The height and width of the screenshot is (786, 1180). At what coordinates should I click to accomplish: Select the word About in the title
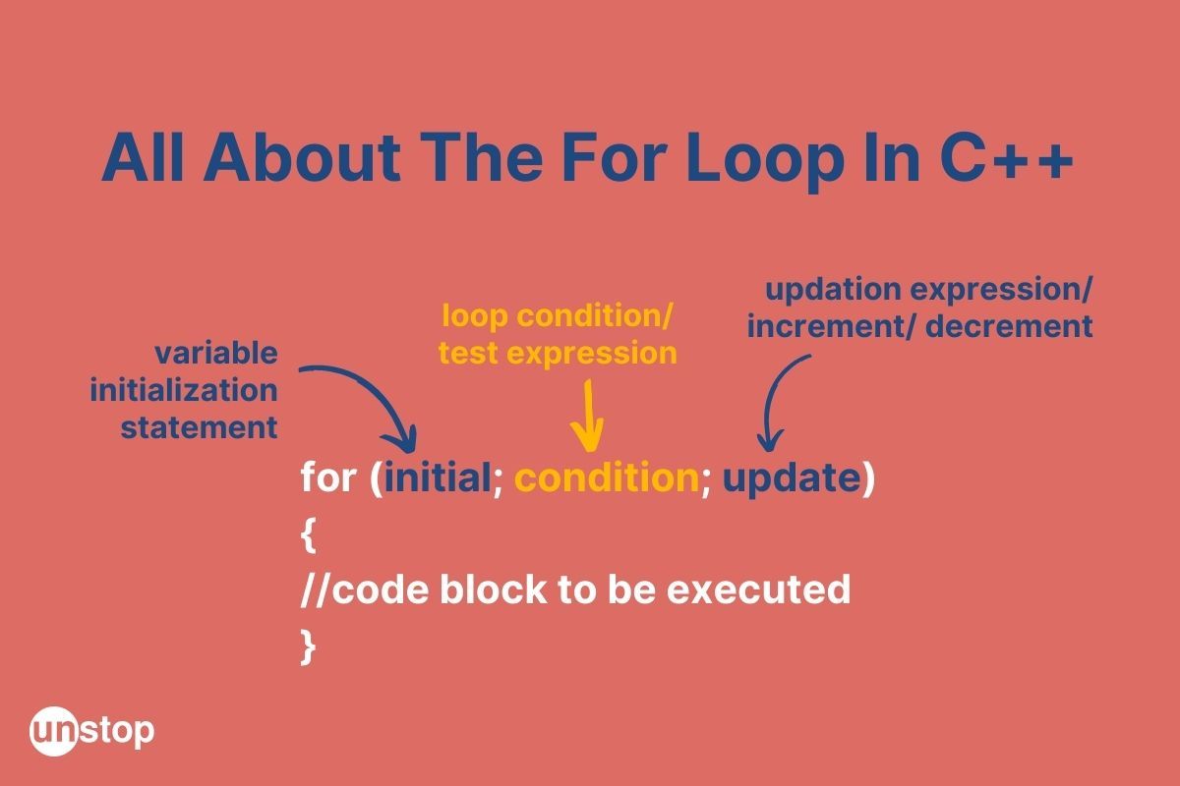click(303, 157)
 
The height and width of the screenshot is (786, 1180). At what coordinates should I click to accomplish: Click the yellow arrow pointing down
click(587, 416)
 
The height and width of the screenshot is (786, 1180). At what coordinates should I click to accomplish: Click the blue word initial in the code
click(438, 477)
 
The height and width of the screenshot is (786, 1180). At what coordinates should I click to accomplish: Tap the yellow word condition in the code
click(607, 477)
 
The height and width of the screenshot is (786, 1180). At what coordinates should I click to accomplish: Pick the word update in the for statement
click(792, 480)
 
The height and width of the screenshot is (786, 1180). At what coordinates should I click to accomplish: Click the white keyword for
click(328, 477)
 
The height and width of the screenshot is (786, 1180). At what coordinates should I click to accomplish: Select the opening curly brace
click(308, 534)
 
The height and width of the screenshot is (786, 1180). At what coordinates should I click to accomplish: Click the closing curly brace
click(308, 647)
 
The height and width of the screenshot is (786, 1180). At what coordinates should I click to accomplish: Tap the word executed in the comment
click(758, 589)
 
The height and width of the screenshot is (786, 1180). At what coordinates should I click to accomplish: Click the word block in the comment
click(493, 589)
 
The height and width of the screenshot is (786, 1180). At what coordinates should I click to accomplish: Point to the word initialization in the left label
click(184, 391)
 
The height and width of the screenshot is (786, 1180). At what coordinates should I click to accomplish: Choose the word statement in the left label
click(199, 427)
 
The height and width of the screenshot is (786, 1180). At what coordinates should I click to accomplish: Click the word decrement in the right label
click(1009, 326)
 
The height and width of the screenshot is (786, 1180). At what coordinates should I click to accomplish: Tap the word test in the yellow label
click(468, 353)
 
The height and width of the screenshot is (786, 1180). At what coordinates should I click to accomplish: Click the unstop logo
click(91, 731)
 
